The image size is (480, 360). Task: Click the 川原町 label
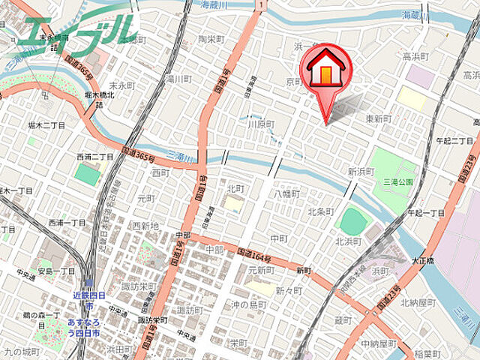coord(262,124)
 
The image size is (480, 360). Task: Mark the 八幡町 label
coord(286,193)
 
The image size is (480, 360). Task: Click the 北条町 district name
coord(320,211)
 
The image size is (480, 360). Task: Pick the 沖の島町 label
coord(249,304)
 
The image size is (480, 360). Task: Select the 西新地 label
coord(145,225)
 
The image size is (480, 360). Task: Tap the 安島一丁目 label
coord(56,271)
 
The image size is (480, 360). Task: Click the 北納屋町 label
coord(419,303)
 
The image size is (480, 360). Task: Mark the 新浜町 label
coord(361,171)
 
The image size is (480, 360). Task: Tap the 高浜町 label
coord(415,56)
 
